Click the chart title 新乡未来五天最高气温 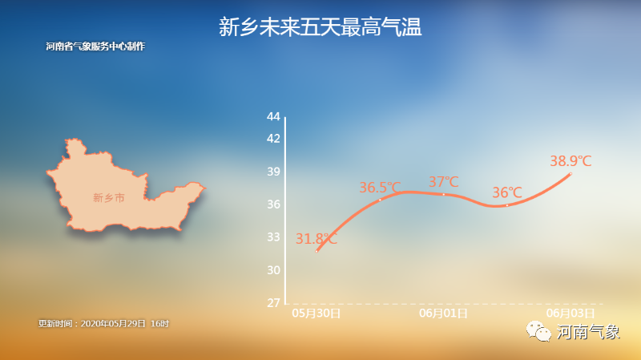(320, 27)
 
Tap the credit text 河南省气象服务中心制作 (95, 47)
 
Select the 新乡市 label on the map (108, 198)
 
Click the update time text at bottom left (103, 324)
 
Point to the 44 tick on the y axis (273, 116)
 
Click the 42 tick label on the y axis (273, 139)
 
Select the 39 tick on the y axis (273, 172)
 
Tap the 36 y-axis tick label (273, 204)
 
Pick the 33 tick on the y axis (273, 237)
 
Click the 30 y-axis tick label (273, 270)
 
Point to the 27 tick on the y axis (273, 303)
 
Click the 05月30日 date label (316, 313)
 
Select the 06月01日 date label (444, 313)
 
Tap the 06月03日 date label (570, 313)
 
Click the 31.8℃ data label (316, 238)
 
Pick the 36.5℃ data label (380, 188)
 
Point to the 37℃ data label (444, 182)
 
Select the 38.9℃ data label (570, 161)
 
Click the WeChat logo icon (538, 331)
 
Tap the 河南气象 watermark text (588, 332)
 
